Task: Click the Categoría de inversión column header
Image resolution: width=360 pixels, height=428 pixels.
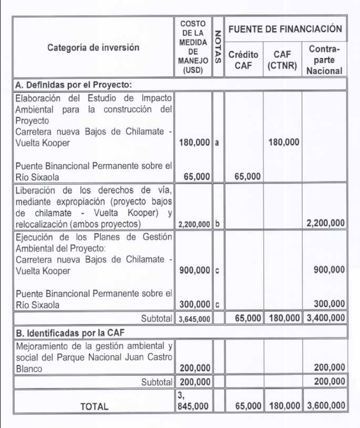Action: [x=93, y=47]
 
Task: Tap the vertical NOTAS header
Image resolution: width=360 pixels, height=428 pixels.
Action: [x=218, y=47]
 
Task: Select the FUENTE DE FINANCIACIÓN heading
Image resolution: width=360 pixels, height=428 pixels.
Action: [x=285, y=29]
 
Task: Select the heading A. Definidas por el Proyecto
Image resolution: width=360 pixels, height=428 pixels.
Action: [x=74, y=84]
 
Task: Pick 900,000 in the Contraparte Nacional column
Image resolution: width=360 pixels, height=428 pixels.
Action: [x=329, y=270]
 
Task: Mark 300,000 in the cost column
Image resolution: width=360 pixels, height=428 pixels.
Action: [x=195, y=304]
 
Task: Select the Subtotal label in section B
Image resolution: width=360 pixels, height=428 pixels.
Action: [x=156, y=382]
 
